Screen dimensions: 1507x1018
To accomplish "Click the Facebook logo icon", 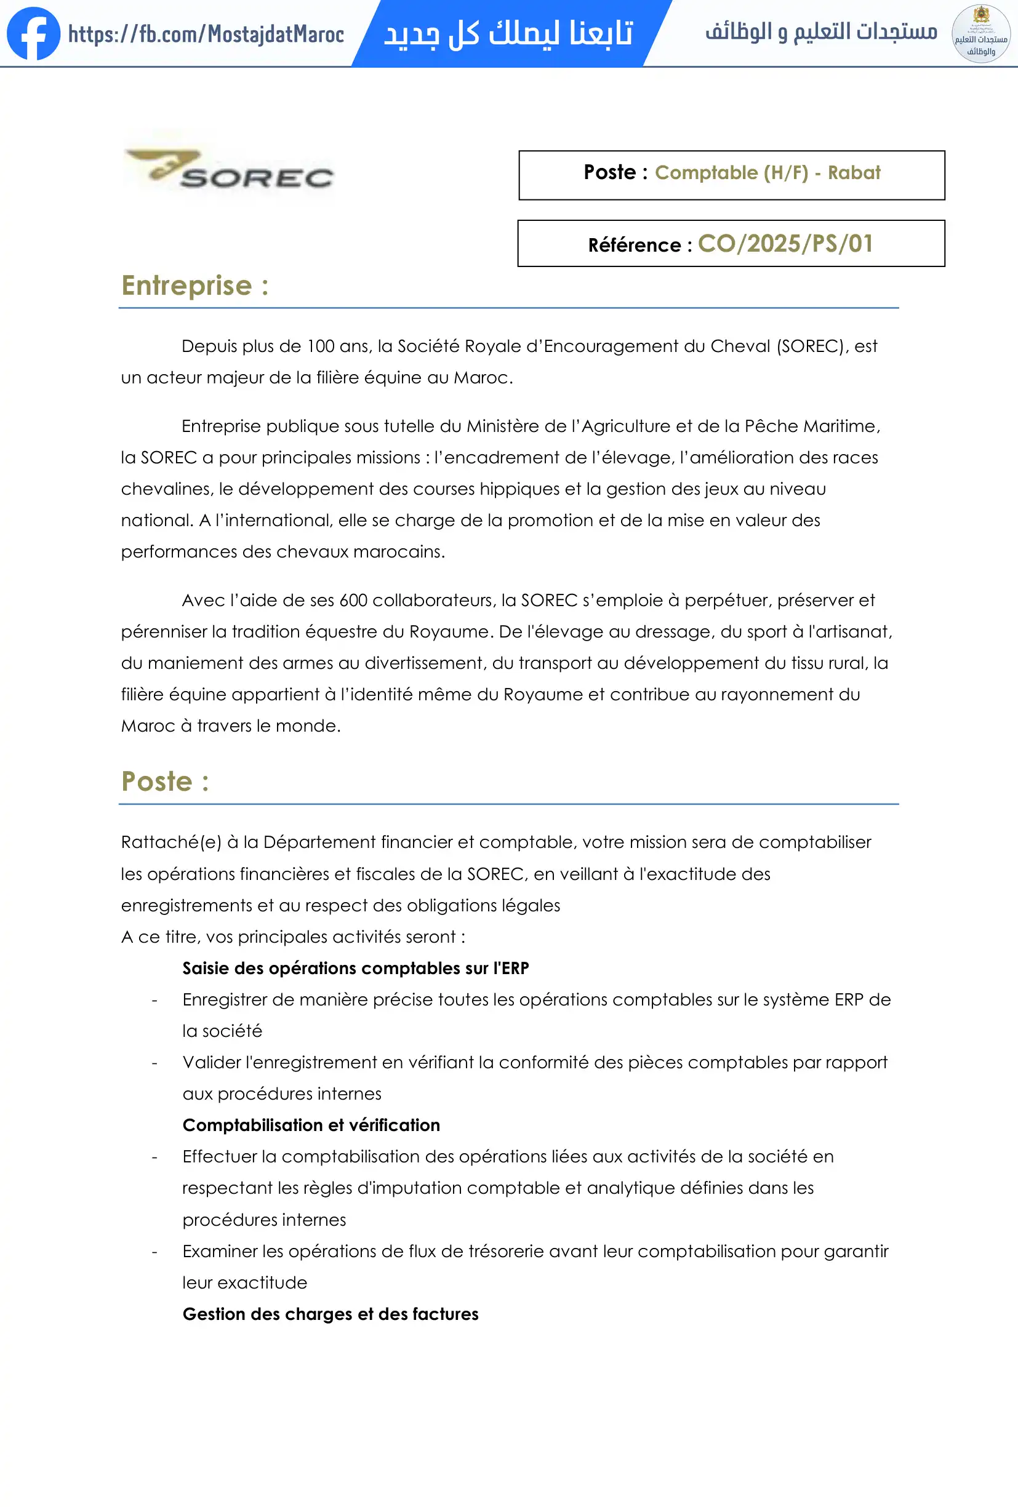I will coord(33,34).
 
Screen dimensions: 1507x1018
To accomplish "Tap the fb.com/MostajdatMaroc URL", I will coord(206,34).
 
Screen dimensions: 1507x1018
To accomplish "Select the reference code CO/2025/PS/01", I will coord(785,244).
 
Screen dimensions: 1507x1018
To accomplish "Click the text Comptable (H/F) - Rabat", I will coord(767,172).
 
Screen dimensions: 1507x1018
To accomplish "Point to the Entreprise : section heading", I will coord(194,286).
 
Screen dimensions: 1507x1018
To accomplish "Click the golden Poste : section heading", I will coord(165,781).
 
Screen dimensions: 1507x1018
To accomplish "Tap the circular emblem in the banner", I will coord(980,34).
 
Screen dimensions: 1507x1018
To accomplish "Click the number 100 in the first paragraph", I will coord(320,346).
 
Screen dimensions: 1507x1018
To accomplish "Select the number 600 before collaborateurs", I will coord(353,601).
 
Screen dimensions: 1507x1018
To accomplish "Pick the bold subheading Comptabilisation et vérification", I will coord(311,1125).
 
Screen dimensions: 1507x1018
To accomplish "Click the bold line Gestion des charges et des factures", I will coord(330,1314).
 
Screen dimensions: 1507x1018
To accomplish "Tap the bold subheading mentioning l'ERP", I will coord(355,968).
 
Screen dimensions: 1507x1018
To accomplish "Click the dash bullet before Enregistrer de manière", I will coord(154,1001).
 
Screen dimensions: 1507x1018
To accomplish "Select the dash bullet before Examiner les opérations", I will coord(154,1252).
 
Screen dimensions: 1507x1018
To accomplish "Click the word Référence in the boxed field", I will coord(634,245).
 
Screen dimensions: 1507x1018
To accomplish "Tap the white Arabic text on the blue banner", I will coord(508,34).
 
